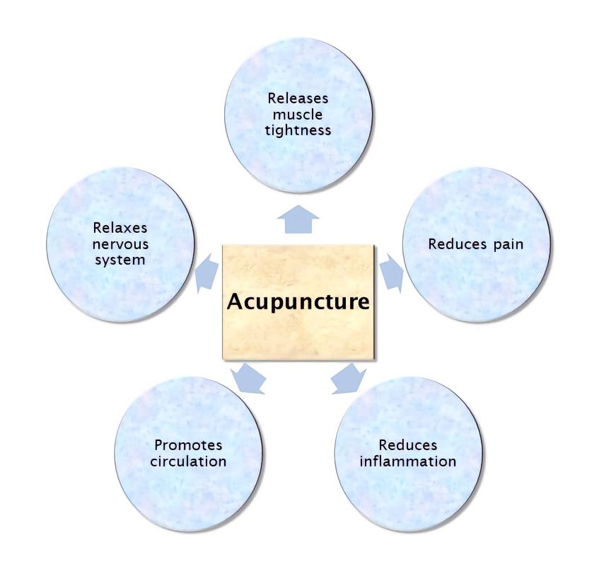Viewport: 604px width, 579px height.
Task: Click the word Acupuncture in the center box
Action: [298, 302]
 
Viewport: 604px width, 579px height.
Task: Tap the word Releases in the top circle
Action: [298, 98]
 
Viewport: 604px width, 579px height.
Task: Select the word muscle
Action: [298, 115]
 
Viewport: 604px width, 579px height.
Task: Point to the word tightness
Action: [298, 131]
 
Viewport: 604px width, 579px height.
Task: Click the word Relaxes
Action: [120, 228]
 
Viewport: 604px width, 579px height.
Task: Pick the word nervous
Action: [120, 244]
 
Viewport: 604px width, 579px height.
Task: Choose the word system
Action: [120, 260]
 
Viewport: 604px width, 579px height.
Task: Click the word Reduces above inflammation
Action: [408, 445]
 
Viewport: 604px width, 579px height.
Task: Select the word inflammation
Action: [408, 462]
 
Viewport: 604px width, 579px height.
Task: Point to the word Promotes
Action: [188, 445]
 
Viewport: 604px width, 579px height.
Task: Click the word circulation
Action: [188, 462]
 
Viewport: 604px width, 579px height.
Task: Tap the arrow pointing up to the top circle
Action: [298, 219]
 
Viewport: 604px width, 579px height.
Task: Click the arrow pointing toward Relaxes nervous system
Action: [207, 273]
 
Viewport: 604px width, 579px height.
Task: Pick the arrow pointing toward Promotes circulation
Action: [248, 379]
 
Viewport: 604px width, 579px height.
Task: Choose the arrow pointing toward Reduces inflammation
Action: [349, 379]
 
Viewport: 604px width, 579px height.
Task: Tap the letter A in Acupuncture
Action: [236, 301]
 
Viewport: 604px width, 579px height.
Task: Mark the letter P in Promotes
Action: [158, 445]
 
